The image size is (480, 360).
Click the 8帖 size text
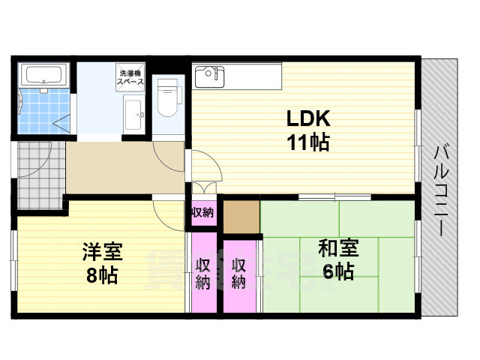pyautogui.click(x=103, y=275)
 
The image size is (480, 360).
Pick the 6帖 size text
pyautogui.click(x=338, y=271)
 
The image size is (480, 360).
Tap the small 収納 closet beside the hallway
pyautogui.click(x=202, y=212)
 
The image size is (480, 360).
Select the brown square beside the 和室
pyautogui.click(x=240, y=217)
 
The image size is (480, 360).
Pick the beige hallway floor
pyautogui.click(x=124, y=169)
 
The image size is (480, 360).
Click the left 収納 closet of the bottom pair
pyautogui.click(x=202, y=274)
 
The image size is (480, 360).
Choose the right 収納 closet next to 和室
pyautogui.click(x=239, y=274)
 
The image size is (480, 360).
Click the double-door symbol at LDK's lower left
pyautogui.click(x=203, y=190)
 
